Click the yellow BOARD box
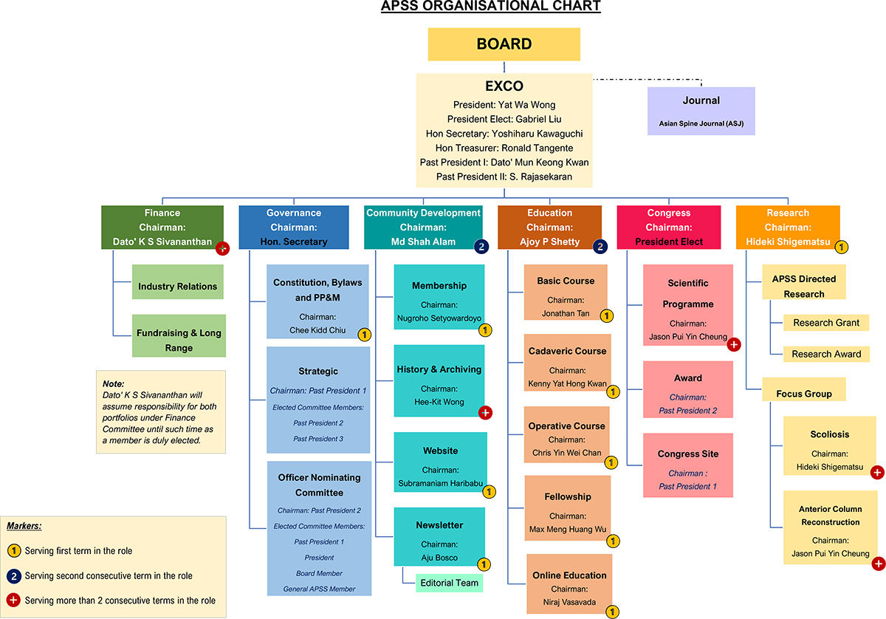click(504, 44)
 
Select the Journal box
click(701, 111)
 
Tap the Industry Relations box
click(177, 287)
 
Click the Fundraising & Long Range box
click(178, 341)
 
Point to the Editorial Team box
click(449, 583)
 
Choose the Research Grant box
click(826, 323)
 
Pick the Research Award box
click(826, 354)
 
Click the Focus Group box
click(803, 394)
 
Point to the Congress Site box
click(687, 465)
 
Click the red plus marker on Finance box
click(222, 248)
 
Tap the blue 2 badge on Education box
click(600, 247)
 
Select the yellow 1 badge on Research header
click(841, 247)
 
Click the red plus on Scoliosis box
click(877, 473)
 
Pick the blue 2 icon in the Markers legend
click(14, 575)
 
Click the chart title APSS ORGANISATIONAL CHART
click(490, 7)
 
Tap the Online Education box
click(569, 584)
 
